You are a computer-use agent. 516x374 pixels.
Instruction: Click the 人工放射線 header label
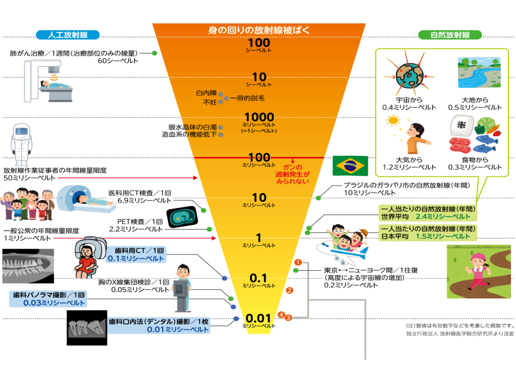(68, 35)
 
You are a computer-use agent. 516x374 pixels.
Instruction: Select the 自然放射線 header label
(450, 35)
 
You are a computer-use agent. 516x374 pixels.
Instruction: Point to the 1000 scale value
(259, 117)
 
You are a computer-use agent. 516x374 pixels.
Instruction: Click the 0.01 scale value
(259, 318)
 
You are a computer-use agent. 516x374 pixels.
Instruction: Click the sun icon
(393, 121)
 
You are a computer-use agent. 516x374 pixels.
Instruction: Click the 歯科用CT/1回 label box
(136, 254)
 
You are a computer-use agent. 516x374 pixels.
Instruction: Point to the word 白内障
(206, 93)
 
